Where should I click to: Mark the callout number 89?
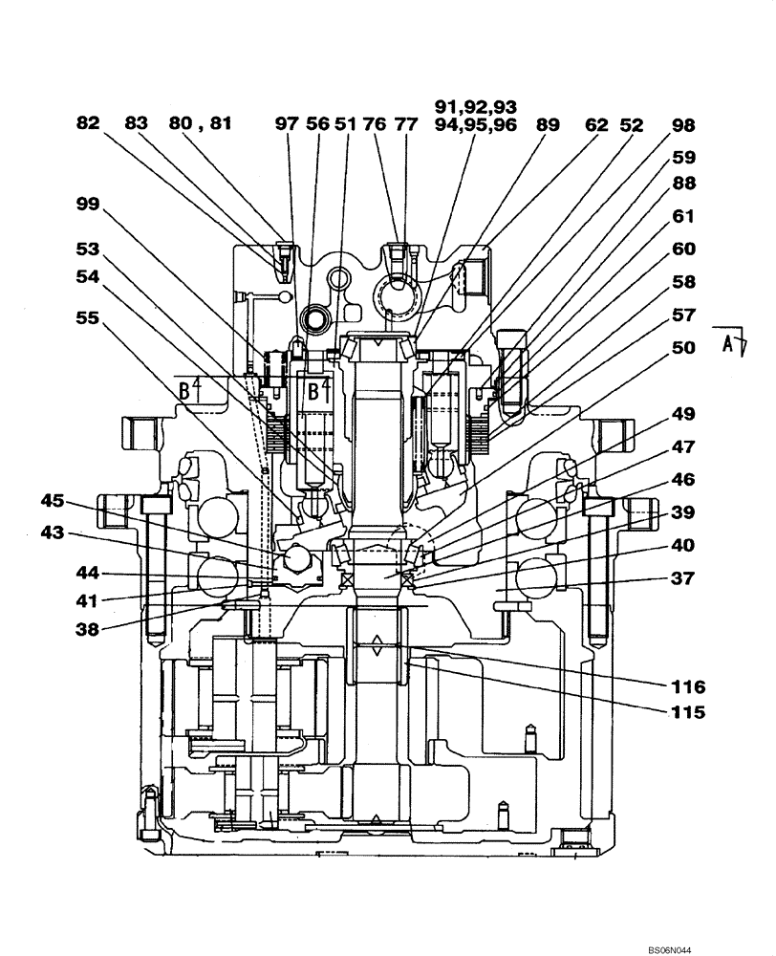tap(549, 124)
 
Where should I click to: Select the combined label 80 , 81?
tap(201, 124)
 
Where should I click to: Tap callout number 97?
tap(288, 124)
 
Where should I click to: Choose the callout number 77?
tap(406, 124)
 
